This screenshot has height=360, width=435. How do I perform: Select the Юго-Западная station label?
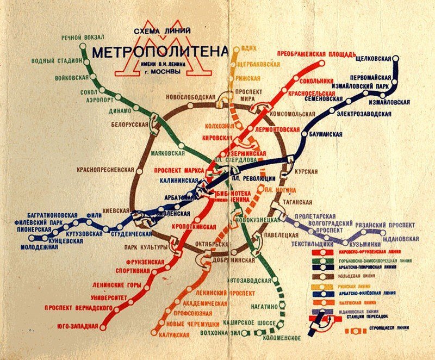click(77, 326)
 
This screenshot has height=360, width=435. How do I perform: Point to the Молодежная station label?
click(39, 247)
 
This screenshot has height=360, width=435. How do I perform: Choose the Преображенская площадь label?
click(316, 54)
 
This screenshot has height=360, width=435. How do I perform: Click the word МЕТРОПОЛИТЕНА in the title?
click(159, 53)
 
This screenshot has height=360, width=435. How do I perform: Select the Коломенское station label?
click(281, 338)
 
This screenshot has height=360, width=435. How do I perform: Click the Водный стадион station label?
click(57, 60)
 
